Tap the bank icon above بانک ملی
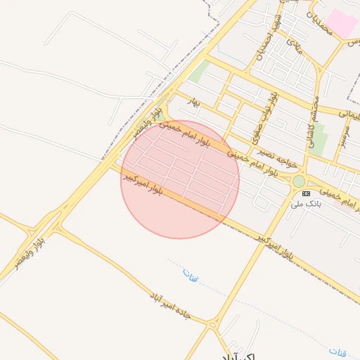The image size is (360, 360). point(305,193)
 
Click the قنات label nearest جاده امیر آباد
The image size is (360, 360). point(191,275)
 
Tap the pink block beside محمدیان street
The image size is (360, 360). point(342,22)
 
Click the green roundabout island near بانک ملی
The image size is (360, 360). point(299,181)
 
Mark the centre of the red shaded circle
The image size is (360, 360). point(180,179)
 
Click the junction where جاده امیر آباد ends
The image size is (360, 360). point(212,324)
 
